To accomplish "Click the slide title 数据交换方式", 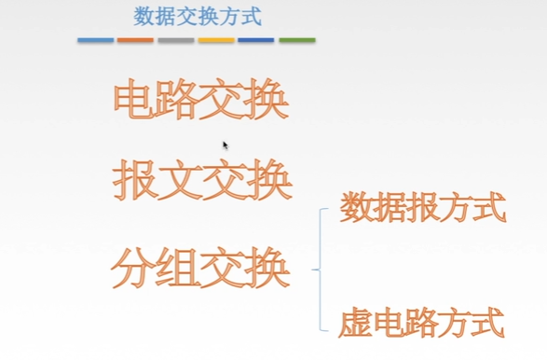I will [x=197, y=17].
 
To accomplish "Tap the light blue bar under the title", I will [x=96, y=40].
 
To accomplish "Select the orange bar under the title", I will [x=135, y=40].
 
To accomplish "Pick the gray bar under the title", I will [x=176, y=40].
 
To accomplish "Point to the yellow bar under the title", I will [x=216, y=40].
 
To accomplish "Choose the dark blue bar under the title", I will [x=256, y=40].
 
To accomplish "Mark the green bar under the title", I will [x=297, y=40].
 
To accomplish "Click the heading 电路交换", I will [x=200, y=100].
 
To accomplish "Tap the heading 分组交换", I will [x=200, y=268].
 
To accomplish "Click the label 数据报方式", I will [x=422, y=207].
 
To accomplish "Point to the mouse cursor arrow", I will [x=226, y=145].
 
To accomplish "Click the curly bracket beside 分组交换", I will [x=320, y=270].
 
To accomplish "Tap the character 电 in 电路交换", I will [x=134, y=100].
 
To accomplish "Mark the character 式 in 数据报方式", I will [x=489, y=207].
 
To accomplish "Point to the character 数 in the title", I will [x=145, y=17].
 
